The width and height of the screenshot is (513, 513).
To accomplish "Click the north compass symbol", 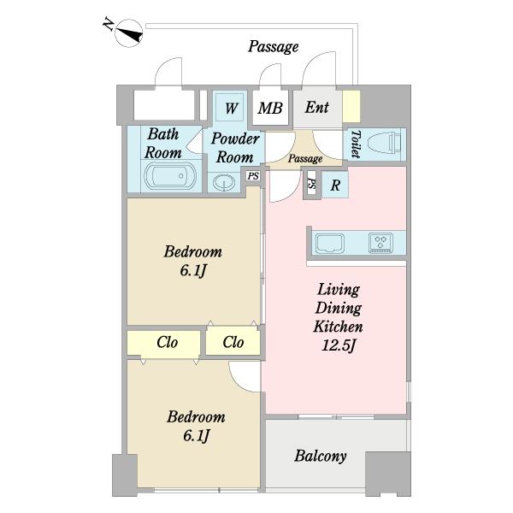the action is (129, 33).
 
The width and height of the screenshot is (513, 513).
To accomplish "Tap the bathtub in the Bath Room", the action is (170, 176).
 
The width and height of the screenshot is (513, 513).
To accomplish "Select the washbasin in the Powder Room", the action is (224, 181).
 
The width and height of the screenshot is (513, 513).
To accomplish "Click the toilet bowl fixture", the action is (385, 144).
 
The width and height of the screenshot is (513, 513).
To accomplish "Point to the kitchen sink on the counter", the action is (329, 243).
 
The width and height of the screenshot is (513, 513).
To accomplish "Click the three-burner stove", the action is (380, 243).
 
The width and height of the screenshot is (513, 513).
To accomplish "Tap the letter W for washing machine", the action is (232, 109).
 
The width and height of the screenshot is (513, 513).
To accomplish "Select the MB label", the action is (270, 109).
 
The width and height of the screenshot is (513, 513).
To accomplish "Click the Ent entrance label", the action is (316, 108).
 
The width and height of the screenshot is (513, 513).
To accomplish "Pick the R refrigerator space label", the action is (335, 186).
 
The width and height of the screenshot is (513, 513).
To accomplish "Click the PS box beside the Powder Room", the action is (253, 176).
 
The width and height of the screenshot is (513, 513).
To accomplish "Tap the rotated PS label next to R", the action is (312, 184).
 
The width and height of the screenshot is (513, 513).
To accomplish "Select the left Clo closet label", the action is (168, 343).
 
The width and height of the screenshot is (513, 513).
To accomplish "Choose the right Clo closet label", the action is (233, 343).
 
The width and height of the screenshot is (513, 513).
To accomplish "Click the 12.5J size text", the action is (339, 345).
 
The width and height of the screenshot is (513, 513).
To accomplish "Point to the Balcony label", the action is (321, 456).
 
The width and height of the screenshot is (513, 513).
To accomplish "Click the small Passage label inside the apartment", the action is (305, 159).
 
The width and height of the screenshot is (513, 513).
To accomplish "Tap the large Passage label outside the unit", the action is (274, 47).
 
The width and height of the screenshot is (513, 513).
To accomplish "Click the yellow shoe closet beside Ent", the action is (351, 106).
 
